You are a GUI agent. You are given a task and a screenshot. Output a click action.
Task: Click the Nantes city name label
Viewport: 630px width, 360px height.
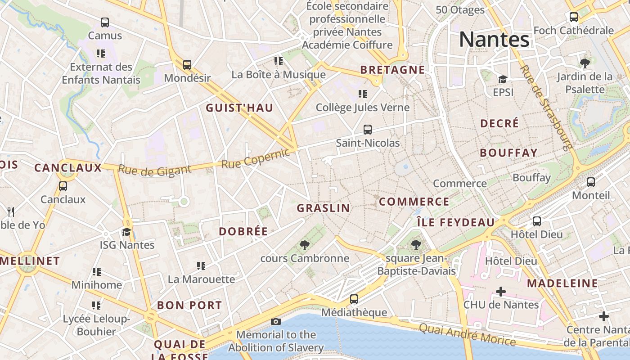point(494,40)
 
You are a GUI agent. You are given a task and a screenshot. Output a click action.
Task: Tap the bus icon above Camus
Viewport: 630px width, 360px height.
point(105,22)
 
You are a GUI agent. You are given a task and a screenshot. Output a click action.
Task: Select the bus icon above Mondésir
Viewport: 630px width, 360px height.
point(187,64)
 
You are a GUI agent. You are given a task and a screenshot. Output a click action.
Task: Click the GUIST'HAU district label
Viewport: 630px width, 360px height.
point(239,108)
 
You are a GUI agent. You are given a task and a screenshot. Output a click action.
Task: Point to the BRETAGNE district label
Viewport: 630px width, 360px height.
point(392,70)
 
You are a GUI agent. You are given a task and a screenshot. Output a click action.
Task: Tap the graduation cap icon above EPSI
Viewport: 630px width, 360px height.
point(503,79)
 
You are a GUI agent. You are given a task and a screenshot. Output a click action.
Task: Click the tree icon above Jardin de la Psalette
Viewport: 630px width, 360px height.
point(585,63)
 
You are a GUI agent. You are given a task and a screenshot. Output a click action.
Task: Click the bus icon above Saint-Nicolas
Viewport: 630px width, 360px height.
point(368,130)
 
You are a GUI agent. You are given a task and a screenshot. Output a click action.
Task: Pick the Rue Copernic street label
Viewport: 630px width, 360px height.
point(256,159)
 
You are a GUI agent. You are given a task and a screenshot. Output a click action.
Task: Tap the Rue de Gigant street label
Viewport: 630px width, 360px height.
point(154,170)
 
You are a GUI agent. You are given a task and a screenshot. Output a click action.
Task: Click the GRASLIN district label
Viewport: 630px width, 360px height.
point(323,208)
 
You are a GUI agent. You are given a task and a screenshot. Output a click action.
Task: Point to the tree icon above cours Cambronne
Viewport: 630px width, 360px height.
point(305,245)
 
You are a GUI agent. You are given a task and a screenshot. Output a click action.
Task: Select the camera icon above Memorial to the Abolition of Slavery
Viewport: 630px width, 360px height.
point(276,321)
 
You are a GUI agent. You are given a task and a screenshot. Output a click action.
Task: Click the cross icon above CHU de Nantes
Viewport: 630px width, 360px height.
point(500,292)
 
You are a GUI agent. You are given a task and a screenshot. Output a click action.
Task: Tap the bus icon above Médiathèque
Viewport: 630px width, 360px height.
point(354,299)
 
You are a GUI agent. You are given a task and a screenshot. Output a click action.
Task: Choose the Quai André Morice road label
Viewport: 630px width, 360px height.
point(467,334)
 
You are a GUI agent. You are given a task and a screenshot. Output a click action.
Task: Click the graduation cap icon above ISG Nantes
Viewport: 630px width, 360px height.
point(127,232)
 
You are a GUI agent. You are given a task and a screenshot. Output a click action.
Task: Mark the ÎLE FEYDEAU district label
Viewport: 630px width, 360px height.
point(455,222)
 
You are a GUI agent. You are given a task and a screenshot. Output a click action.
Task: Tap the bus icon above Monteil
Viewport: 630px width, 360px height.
point(591,182)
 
